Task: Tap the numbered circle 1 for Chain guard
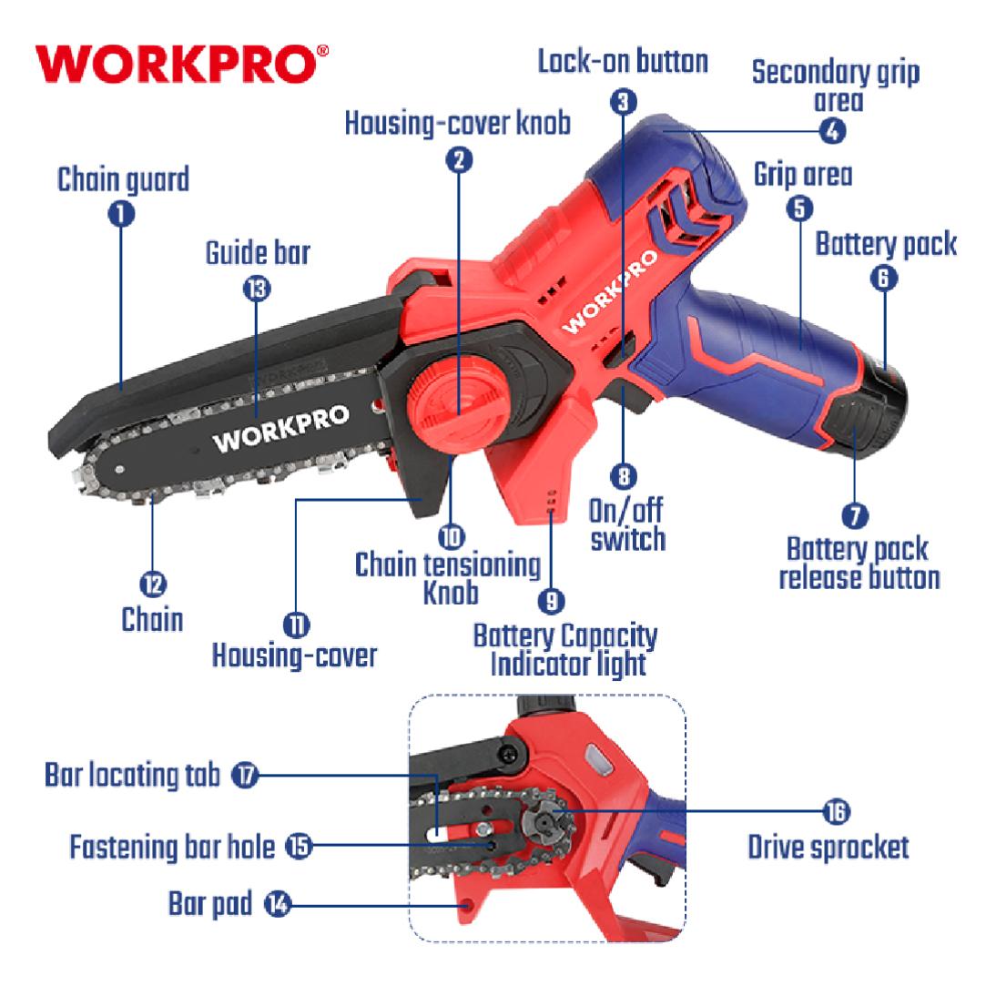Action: (121, 214)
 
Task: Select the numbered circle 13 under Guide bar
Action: (257, 289)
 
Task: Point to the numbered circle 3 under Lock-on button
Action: (623, 102)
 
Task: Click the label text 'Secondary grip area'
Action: (836, 86)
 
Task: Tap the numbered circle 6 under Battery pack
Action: (883, 278)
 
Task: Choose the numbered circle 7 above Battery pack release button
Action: (855, 516)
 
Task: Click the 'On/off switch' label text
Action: (627, 525)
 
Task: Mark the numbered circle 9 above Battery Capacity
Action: (552, 601)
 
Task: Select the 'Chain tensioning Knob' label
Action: (448, 578)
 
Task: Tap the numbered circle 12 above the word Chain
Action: (153, 584)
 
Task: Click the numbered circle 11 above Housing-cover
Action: (296, 625)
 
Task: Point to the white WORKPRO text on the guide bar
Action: (281, 429)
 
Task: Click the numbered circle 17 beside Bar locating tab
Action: (245, 775)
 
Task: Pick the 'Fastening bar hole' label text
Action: (172, 847)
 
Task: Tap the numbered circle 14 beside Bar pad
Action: (278, 904)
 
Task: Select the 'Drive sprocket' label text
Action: (828, 848)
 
